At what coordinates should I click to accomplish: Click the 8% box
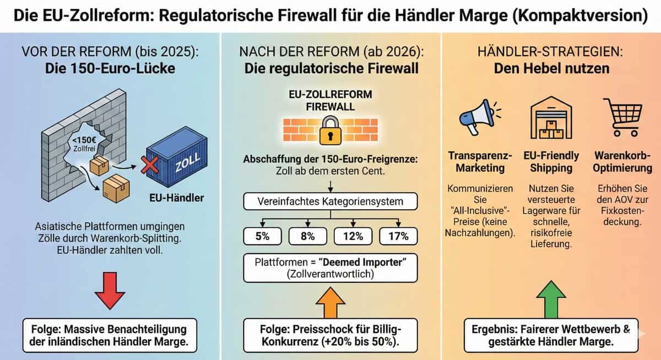click(307, 236)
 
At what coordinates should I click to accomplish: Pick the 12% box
click(353, 236)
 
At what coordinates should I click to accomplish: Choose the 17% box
click(398, 236)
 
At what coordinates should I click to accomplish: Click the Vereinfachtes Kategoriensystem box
click(330, 201)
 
